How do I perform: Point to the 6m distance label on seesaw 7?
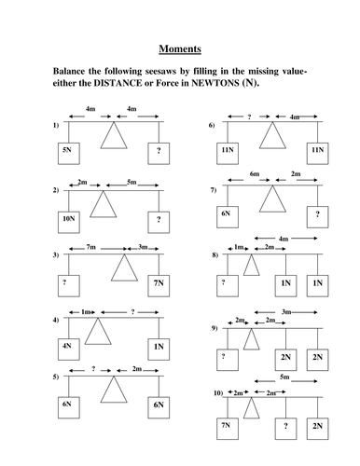pos(255,173)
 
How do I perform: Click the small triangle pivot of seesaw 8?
pos(250,266)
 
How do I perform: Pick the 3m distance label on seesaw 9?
pos(285,311)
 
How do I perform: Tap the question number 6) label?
pos(213,124)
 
